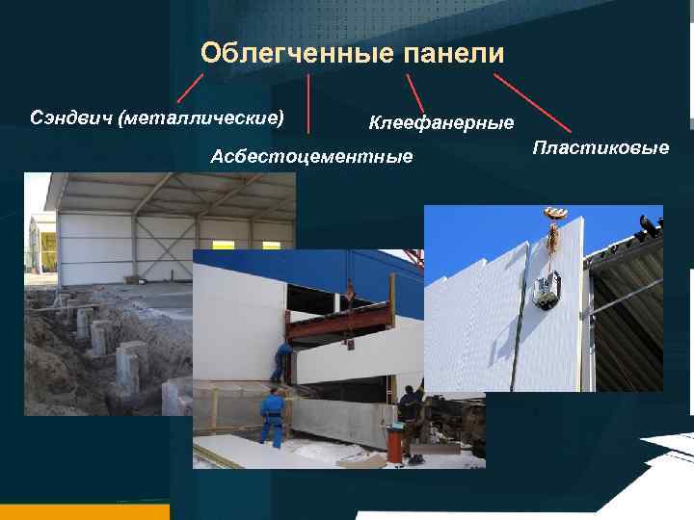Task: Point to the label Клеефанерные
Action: [441, 122]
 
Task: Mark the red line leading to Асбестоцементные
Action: [308, 103]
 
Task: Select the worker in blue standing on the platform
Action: [281, 360]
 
